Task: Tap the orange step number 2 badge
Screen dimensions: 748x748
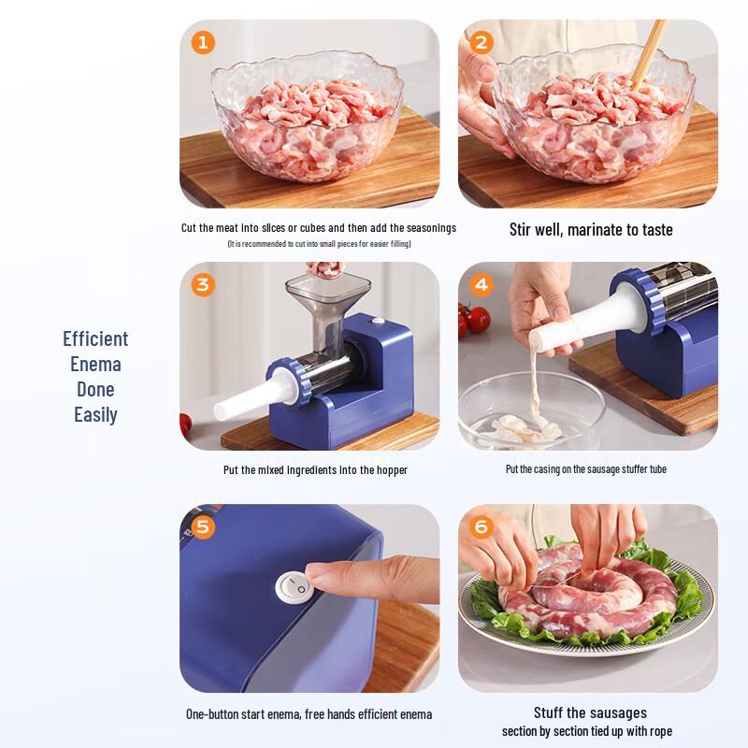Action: [x=482, y=42]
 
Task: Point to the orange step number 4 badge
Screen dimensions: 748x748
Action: [x=482, y=284]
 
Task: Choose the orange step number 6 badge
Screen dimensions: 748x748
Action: [x=482, y=526]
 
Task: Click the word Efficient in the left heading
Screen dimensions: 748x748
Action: [x=95, y=338]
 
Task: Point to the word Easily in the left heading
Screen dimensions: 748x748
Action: [x=95, y=414]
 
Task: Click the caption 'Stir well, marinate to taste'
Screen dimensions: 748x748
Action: [x=591, y=229]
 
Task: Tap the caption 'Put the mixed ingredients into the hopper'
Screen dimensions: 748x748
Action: [x=315, y=470]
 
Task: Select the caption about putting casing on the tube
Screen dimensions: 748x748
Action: [x=586, y=469]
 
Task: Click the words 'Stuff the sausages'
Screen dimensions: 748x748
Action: [x=590, y=712]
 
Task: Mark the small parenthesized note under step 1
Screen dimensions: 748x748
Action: [x=319, y=244]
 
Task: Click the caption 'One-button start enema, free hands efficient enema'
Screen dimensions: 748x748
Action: [x=309, y=714]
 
